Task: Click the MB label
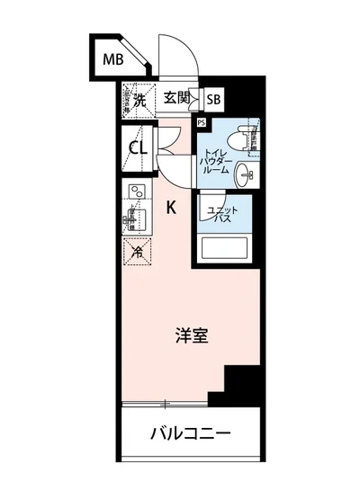[112, 61]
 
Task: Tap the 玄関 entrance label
[175, 99]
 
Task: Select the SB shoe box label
[214, 101]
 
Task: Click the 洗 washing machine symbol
[139, 101]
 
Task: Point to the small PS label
[201, 122]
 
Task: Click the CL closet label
[139, 147]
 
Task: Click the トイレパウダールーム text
[215, 161]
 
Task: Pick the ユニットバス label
[222, 215]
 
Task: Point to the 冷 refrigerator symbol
[138, 252]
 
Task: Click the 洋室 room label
[191, 337]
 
